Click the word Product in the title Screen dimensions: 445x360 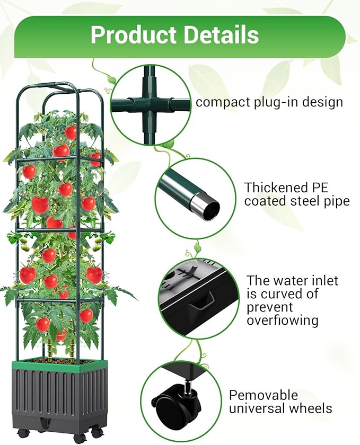pyautogui.click(x=133, y=35)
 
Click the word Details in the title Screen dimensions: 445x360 pyautogui.click(x=219, y=35)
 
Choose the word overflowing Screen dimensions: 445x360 pyautogui.click(x=283, y=321)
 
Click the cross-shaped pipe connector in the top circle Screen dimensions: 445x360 pyautogui.click(x=151, y=103)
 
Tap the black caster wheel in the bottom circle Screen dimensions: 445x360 pyautogui.click(x=169, y=408)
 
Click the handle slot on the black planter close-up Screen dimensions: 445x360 pyautogui.click(x=204, y=302)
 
